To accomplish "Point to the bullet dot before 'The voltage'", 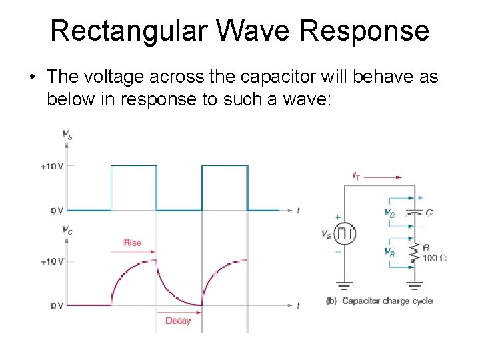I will pyautogui.click(x=31, y=78).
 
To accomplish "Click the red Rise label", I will pyautogui.click(x=133, y=243).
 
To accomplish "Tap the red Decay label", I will pyautogui.click(x=178, y=321).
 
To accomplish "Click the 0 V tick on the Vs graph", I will pyautogui.click(x=56, y=211).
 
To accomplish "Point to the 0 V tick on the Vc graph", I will pyautogui.click(x=56, y=306).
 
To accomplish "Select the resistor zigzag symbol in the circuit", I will pyautogui.click(x=415, y=253).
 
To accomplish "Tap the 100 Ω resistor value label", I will pyautogui.click(x=435, y=257).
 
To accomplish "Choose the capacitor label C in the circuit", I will pyautogui.click(x=429, y=212).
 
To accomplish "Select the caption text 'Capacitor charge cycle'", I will pyautogui.click(x=387, y=301).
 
